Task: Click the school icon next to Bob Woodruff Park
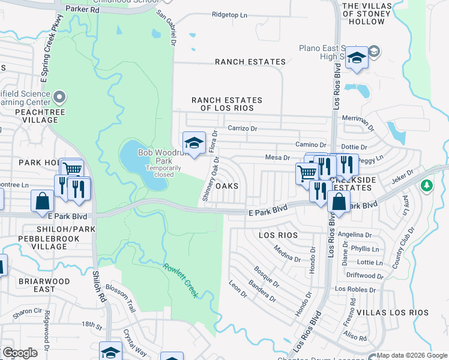point(194,143)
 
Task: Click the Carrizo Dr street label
point(242,128)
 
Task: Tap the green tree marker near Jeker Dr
point(427,185)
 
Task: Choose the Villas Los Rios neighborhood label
point(393,313)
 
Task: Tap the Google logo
point(20,353)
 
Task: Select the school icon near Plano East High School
point(357,58)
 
